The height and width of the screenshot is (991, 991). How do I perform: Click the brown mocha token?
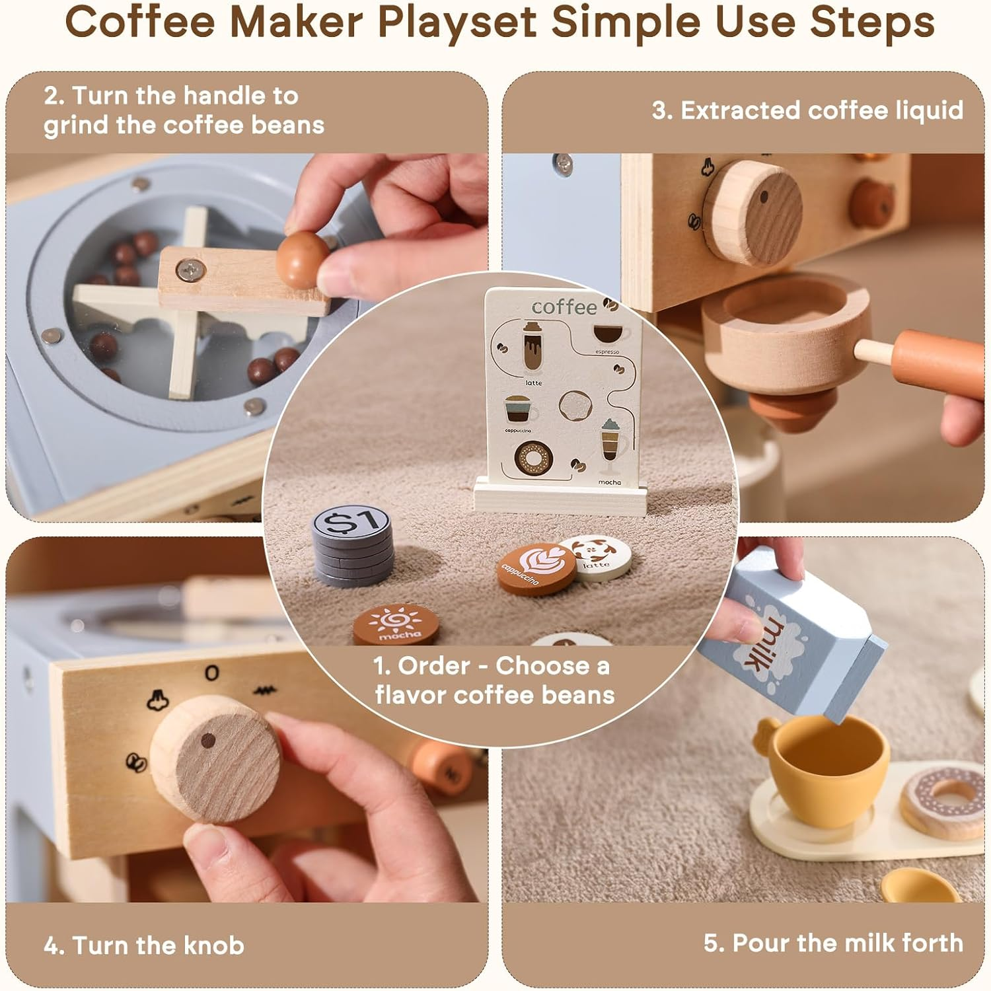[396, 624]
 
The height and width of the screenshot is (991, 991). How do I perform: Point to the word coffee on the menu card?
[564, 307]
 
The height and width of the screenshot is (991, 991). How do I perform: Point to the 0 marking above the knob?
[211, 673]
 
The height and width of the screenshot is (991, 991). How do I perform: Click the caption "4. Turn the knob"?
[144, 945]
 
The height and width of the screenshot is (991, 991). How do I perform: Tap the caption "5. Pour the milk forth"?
[832, 943]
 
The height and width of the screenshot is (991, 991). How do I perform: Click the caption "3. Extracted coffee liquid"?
[807, 110]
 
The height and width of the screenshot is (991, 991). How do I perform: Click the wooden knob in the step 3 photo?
[753, 212]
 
